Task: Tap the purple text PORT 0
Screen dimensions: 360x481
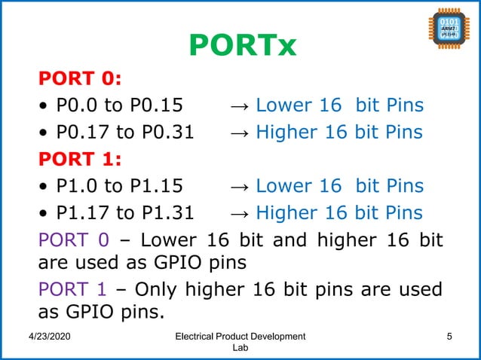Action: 73,241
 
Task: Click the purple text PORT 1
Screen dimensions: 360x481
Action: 73,290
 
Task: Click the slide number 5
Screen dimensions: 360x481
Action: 449,336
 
